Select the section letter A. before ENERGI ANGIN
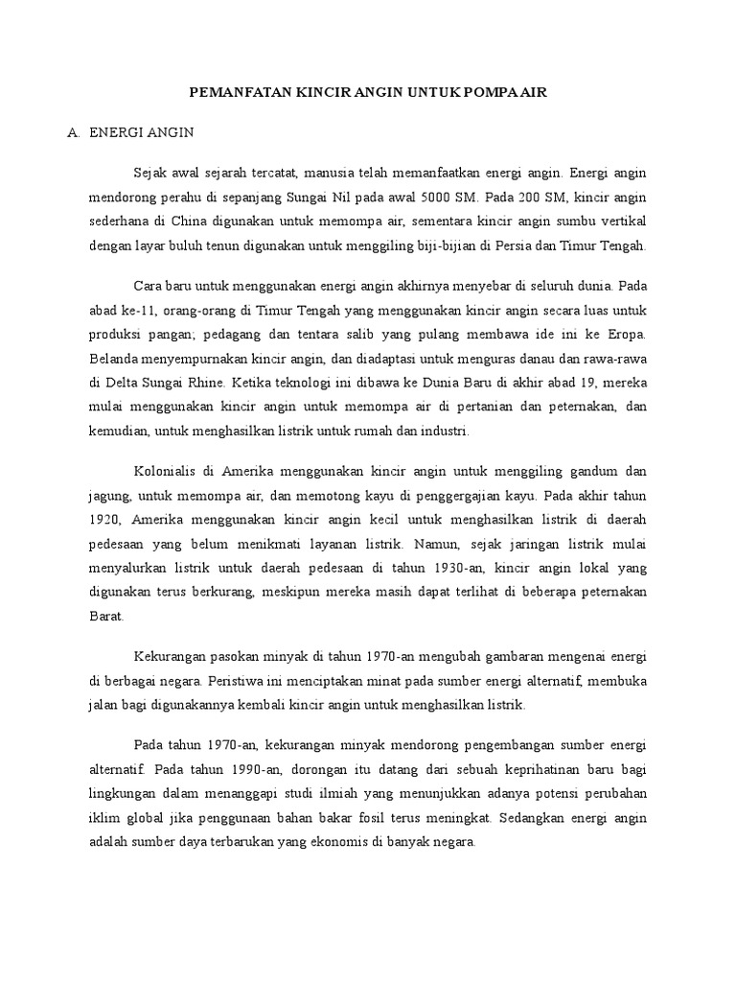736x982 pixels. point(72,133)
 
